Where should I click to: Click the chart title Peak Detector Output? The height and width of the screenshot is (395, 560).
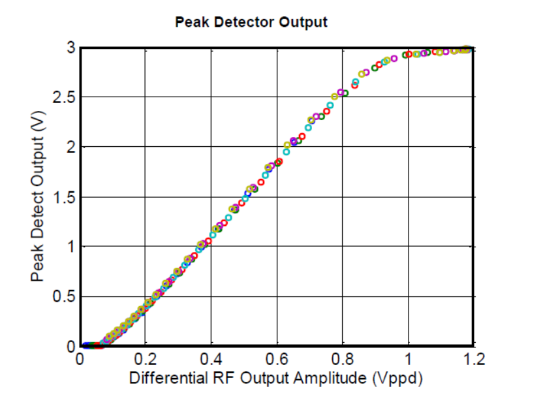click(251, 22)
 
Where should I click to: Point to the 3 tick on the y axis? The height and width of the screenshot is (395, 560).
click(70, 48)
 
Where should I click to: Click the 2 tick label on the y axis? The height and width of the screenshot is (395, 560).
click(70, 147)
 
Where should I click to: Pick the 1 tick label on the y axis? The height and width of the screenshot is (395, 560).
click(70, 247)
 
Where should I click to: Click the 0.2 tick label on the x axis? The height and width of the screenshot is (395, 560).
click(146, 359)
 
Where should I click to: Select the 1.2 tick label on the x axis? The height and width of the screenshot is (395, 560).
click(474, 359)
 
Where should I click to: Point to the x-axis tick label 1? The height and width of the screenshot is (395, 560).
click(409, 359)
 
